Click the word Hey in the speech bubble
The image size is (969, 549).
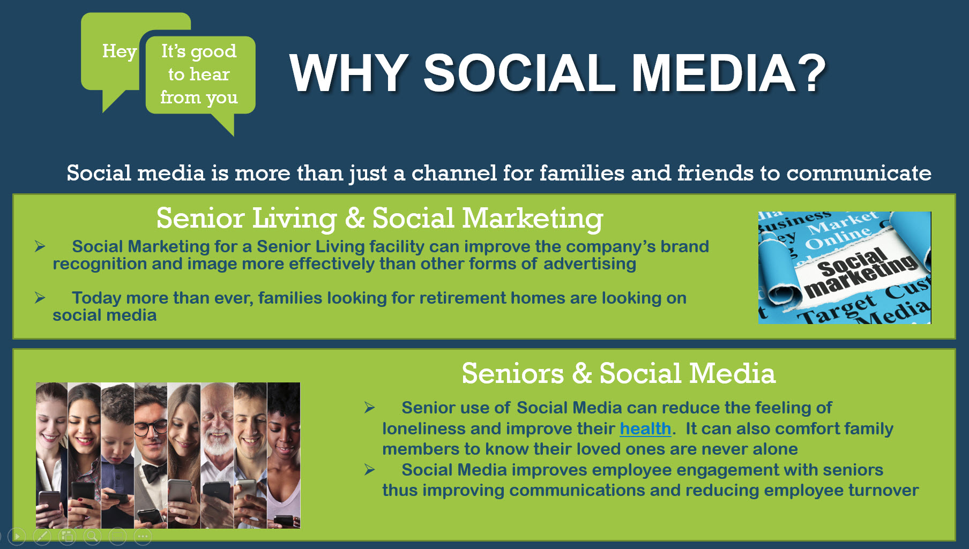point(119,52)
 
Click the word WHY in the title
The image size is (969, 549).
point(349,73)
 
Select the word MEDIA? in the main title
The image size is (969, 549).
point(728,73)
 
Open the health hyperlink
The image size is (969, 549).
point(645,428)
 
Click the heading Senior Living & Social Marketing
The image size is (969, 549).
point(379,218)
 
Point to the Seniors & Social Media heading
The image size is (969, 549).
point(618,373)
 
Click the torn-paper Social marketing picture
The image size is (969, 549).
point(845,267)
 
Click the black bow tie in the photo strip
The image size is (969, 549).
point(153,472)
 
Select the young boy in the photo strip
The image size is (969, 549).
point(117,455)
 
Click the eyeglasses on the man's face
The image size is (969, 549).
point(151,428)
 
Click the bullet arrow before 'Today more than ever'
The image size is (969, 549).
point(40,298)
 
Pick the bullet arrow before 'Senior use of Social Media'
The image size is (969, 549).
point(369,408)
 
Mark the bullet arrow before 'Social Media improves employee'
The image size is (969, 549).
point(369,470)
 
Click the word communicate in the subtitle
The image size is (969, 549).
point(859,173)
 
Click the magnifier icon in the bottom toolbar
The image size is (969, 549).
point(92,536)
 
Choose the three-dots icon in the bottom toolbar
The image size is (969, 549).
point(143,536)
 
